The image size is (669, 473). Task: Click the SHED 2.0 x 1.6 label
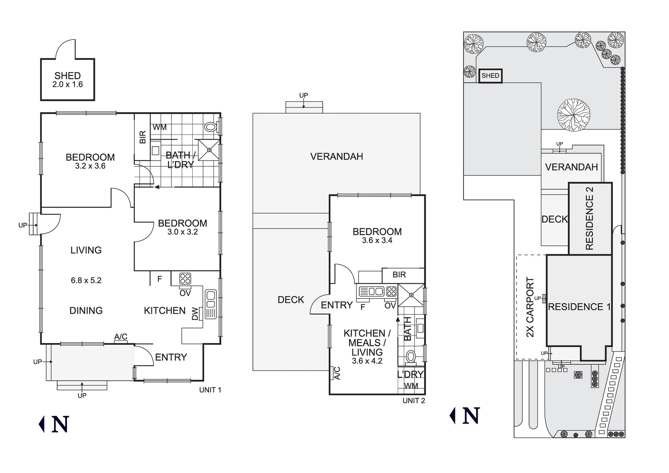(x=68, y=80)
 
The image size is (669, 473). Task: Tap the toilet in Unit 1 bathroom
(x=211, y=127)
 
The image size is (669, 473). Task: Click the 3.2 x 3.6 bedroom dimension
(x=90, y=166)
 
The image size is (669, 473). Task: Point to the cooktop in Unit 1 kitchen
(x=185, y=279)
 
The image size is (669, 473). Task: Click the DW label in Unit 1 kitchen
(x=195, y=314)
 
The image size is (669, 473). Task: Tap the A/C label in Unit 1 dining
(x=121, y=337)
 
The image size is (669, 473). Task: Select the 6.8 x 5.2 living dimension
(x=86, y=281)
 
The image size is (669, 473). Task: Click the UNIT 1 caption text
(x=210, y=390)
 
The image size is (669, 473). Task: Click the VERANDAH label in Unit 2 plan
(x=337, y=157)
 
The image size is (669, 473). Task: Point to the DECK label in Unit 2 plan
(x=291, y=300)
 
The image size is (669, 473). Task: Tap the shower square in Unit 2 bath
(x=411, y=295)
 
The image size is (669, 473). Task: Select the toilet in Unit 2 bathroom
(x=410, y=357)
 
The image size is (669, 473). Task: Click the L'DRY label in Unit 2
(x=410, y=374)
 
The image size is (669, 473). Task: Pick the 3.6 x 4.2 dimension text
(x=367, y=361)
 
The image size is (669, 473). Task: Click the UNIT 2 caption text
(x=414, y=401)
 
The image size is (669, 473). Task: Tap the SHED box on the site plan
(x=490, y=76)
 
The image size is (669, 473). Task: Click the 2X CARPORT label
(x=531, y=307)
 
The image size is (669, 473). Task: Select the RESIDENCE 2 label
(x=590, y=218)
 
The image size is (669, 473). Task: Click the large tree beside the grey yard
(x=573, y=115)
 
